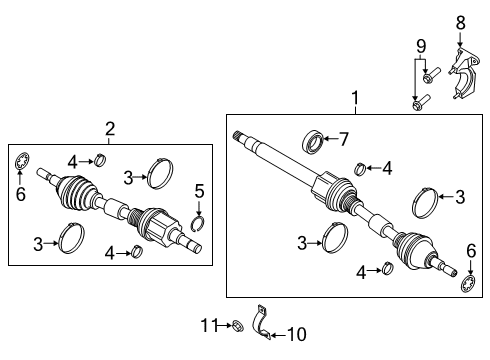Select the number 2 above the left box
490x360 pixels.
pyautogui.click(x=110, y=128)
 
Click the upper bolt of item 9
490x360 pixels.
pyautogui.click(x=430, y=76)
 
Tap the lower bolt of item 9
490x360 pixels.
pyautogui.click(x=420, y=101)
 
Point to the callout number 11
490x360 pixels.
pyautogui.click(x=208, y=325)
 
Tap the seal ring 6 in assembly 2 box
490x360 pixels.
pyautogui.click(x=22, y=162)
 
